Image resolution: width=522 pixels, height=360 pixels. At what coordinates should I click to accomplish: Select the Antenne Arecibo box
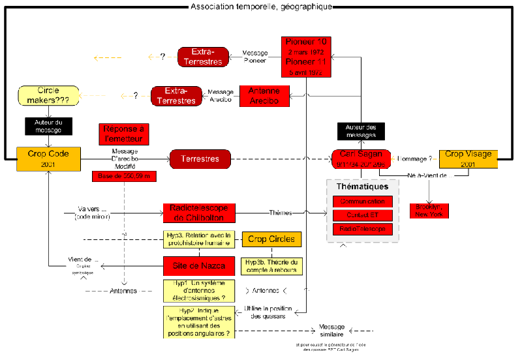tap(264, 96)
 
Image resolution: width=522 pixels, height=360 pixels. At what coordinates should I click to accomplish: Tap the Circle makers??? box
tap(48, 96)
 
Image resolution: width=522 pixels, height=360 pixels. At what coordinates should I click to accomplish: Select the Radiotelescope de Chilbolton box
tap(198, 212)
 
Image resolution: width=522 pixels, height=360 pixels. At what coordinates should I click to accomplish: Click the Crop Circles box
tap(271, 239)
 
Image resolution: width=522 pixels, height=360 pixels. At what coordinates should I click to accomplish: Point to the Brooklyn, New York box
tap(429, 210)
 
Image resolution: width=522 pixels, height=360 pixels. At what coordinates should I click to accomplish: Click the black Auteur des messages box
tap(361, 131)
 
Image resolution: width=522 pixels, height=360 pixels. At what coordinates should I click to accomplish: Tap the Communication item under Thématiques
tap(362, 202)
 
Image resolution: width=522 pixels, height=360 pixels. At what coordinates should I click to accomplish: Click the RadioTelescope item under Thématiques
tap(362, 229)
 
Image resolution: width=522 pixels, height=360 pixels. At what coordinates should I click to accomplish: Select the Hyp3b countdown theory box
tap(271, 265)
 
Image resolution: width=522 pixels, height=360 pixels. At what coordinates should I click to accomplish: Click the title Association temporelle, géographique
tap(261, 7)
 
